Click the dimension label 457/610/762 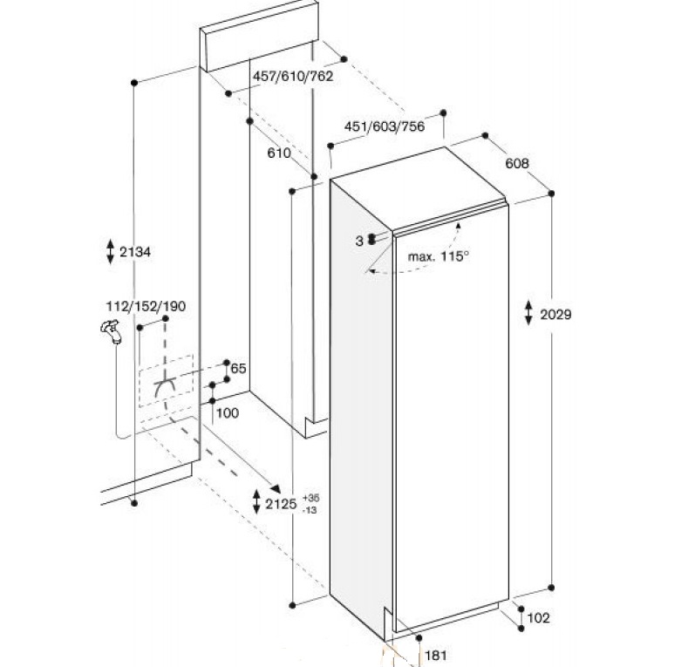click(293, 76)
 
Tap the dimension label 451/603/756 click(385, 126)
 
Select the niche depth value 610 click(279, 153)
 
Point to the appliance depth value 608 click(517, 163)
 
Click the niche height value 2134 click(135, 252)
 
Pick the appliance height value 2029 click(555, 314)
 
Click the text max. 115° click(439, 256)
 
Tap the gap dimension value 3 click(359, 241)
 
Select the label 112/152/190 click(146, 306)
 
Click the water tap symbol click(111, 331)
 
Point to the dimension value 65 click(238, 368)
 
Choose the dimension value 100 click(228, 412)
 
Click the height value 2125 click(282, 504)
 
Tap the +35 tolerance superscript click(310, 498)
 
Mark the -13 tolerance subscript click(310, 510)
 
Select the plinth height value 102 click(538, 618)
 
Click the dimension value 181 click(436, 656)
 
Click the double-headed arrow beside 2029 click(528, 313)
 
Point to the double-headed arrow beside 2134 click(110, 251)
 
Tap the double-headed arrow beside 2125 click(256, 502)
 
